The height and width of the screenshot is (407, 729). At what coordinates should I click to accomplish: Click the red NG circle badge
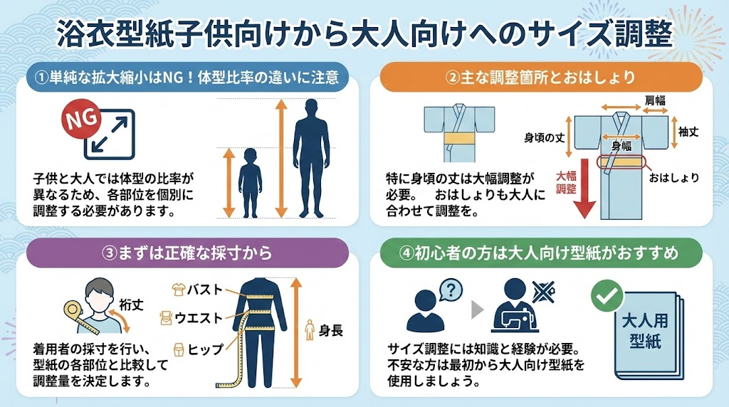click(x=81, y=120)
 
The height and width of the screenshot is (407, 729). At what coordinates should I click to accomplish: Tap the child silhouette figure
click(x=250, y=183)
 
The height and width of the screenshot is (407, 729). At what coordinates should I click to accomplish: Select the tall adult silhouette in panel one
click(x=311, y=158)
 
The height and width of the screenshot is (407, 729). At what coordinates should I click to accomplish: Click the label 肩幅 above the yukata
click(x=655, y=100)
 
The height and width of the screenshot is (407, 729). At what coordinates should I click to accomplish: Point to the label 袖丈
click(x=688, y=132)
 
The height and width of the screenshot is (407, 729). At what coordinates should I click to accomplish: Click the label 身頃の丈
click(x=545, y=137)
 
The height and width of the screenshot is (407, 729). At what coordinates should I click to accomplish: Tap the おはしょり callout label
click(x=674, y=177)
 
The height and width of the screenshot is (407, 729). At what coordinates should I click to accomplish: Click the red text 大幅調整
click(x=566, y=182)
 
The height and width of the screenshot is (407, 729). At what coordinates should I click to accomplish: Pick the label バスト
click(x=205, y=290)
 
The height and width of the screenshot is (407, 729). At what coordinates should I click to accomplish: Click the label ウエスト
click(x=199, y=318)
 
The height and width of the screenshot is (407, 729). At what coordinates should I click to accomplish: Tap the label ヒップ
click(x=205, y=349)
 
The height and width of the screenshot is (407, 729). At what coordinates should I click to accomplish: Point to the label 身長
click(x=330, y=330)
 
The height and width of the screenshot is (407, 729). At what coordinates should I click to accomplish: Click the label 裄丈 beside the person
click(x=131, y=305)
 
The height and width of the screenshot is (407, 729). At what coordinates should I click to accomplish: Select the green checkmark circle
click(x=607, y=295)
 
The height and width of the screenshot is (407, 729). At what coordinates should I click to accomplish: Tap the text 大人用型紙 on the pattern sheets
click(x=645, y=331)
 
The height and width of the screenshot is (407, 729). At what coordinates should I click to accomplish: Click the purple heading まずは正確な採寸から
click(x=187, y=253)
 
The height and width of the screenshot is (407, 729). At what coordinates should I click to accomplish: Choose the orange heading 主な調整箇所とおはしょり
click(x=540, y=77)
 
